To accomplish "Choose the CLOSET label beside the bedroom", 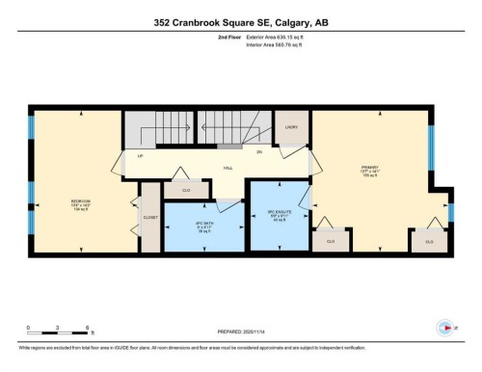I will (150, 218).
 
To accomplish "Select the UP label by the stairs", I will (142, 155).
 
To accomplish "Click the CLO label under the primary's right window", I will (430, 241).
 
